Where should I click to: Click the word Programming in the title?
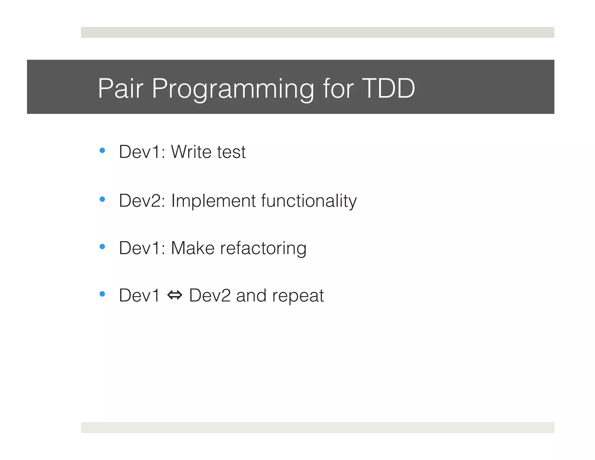(x=233, y=89)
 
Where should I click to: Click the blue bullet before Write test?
(x=102, y=151)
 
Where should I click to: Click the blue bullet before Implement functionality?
(x=102, y=199)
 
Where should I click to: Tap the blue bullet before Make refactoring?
(x=102, y=247)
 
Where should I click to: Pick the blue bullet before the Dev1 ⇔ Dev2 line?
(x=102, y=294)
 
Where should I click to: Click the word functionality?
(x=309, y=201)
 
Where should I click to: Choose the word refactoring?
(x=263, y=249)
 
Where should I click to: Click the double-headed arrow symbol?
(x=175, y=295)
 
